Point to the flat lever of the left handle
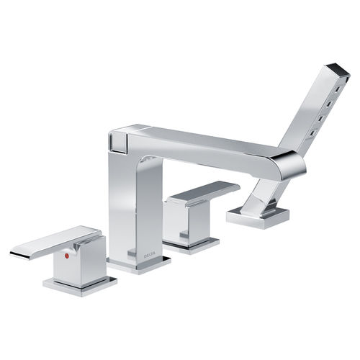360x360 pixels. (x=55, y=242)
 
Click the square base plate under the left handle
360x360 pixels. (x=80, y=286)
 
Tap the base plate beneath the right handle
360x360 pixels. (x=191, y=246)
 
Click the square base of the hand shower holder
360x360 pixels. (x=258, y=217)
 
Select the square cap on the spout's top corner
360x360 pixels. (x=117, y=142)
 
